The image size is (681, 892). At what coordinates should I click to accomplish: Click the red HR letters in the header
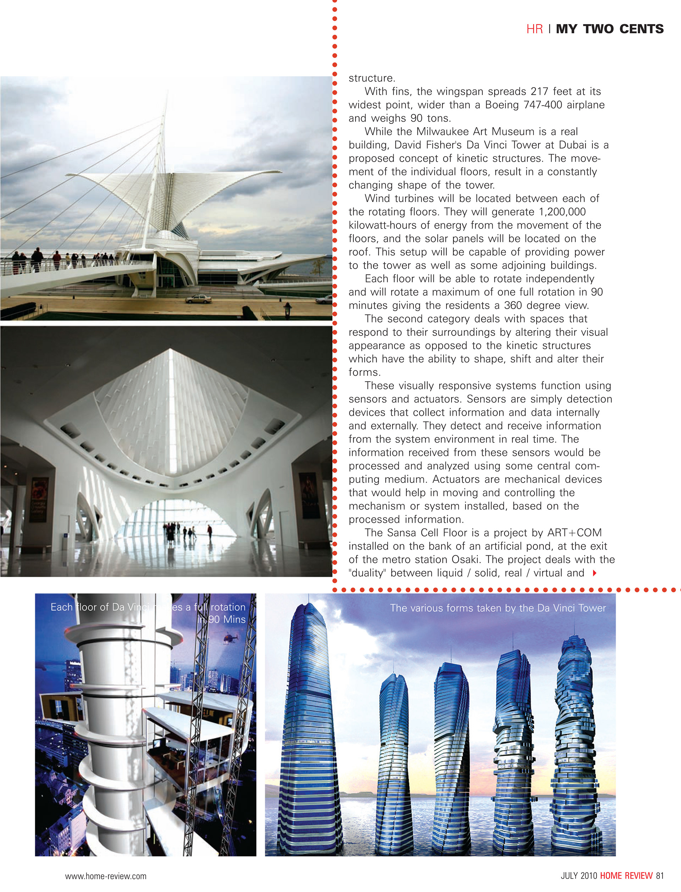click(x=534, y=29)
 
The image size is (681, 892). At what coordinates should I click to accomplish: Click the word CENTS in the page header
click(x=641, y=29)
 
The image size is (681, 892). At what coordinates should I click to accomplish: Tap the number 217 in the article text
click(x=539, y=92)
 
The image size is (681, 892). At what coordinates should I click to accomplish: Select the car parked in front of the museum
click(x=198, y=299)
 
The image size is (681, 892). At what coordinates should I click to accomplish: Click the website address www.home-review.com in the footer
click(x=106, y=876)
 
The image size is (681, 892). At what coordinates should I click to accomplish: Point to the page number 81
click(x=659, y=875)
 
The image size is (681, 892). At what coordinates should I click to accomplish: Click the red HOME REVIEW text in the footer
click(x=626, y=875)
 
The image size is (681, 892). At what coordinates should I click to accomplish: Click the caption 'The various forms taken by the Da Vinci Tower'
click(x=498, y=608)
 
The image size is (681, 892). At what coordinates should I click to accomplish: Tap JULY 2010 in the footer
click(x=578, y=875)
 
